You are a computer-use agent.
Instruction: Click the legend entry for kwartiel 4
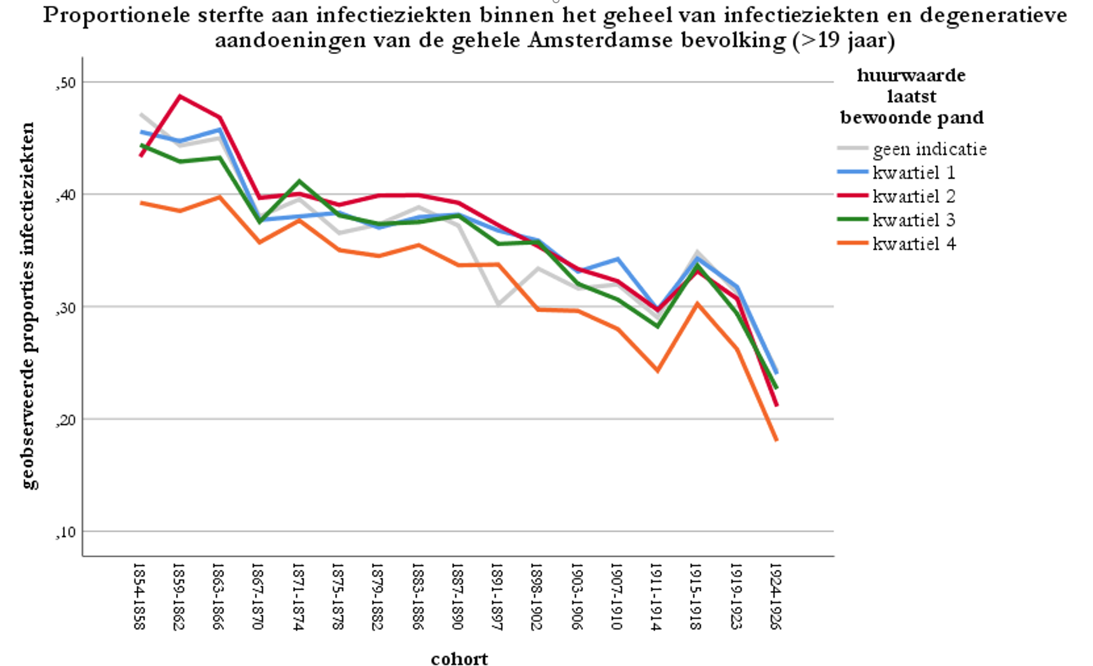(914, 244)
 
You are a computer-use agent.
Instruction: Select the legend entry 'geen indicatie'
(930, 149)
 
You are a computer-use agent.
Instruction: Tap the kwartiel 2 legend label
(914, 197)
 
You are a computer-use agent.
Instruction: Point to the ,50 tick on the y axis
(65, 83)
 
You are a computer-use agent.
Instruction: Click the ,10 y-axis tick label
(65, 532)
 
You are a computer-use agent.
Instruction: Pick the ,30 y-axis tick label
(65, 308)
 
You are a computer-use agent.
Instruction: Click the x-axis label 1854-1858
(140, 595)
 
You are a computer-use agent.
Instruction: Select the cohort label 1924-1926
(776, 595)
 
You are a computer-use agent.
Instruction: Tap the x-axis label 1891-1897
(497, 595)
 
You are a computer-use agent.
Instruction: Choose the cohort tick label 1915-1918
(696, 595)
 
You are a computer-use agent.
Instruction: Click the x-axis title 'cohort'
(459, 658)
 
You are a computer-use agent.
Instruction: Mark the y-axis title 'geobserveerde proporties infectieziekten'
(29, 305)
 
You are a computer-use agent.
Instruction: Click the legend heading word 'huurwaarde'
(911, 75)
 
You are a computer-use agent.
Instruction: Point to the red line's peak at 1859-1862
(180, 96)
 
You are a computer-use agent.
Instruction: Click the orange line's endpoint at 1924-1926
(776, 440)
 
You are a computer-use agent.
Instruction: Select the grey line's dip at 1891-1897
(498, 305)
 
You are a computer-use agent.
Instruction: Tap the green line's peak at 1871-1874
(299, 181)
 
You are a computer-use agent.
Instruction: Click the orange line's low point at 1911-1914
(657, 370)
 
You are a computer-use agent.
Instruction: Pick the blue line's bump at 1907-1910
(617, 259)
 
